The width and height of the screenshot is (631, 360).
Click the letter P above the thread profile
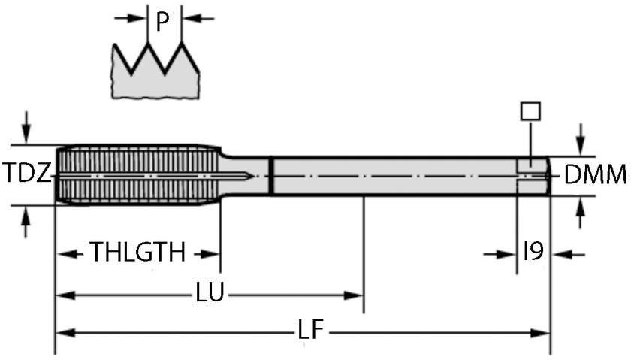[162, 22]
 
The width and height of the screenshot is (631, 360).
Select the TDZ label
[26, 174]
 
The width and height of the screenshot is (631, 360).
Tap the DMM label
[595, 175]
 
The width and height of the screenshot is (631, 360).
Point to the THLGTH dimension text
[137, 253]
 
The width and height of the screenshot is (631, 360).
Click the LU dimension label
[210, 294]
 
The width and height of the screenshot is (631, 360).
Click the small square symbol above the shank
[530, 111]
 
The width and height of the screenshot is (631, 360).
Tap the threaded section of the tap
[135, 174]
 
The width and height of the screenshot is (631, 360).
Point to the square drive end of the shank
[533, 176]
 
